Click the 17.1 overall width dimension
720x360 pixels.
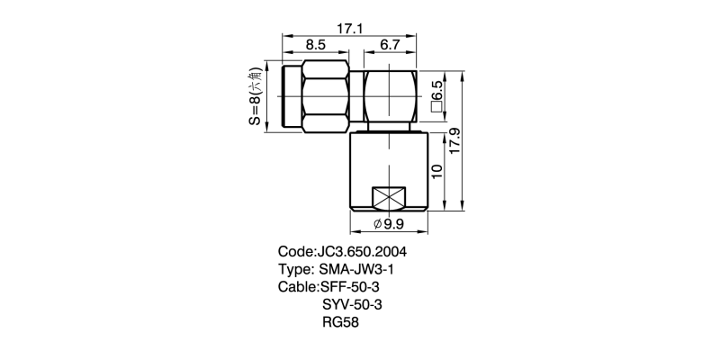point(351,30)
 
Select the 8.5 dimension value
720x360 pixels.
point(315,46)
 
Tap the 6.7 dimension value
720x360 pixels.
point(390,46)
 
